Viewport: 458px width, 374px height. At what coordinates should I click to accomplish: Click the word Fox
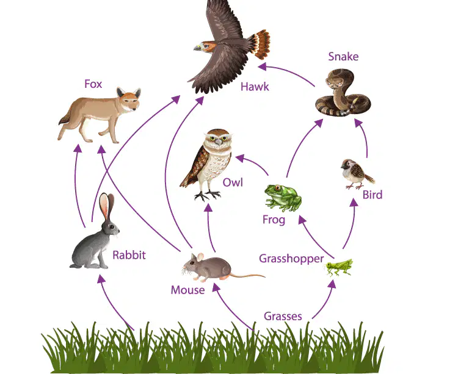(93, 84)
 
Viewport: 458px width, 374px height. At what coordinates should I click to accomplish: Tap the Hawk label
(255, 87)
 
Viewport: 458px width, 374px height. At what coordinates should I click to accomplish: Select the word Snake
(343, 56)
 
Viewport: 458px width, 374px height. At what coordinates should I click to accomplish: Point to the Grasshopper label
(291, 259)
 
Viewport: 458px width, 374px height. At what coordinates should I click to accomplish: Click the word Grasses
(283, 316)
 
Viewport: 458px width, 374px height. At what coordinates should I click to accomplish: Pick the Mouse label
(187, 290)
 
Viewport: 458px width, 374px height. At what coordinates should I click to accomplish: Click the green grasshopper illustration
(340, 267)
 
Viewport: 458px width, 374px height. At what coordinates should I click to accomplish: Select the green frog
(283, 198)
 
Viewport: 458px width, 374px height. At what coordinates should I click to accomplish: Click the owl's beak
(218, 142)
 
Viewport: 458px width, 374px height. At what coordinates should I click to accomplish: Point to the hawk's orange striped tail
(261, 44)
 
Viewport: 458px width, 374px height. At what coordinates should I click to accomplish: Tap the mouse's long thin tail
(248, 276)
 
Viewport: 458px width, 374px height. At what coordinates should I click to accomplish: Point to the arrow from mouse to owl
(209, 228)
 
